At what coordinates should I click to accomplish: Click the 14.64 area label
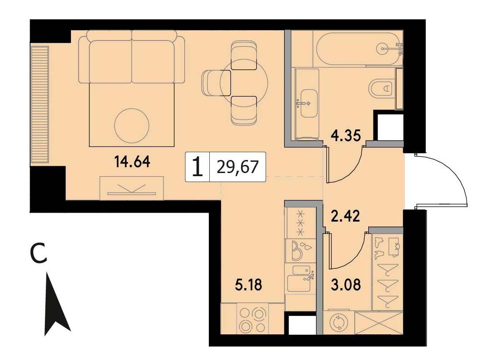(132, 162)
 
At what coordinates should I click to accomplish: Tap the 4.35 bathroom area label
(346, 136)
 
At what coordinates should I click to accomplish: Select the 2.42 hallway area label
(345, 216)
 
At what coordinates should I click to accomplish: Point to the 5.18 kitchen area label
(249, 285)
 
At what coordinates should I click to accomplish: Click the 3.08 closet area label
(346, 284)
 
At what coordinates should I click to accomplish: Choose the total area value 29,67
(238, 167)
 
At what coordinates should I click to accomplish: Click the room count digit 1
(198, 167)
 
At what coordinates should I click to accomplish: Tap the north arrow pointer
(56, 303)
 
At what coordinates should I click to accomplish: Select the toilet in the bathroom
(381, 89)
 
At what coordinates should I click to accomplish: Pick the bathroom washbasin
(309, 103)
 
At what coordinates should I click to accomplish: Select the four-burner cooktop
(252, 318)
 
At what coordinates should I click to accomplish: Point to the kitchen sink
(300, 278)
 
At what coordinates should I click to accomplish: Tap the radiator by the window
(40, 105)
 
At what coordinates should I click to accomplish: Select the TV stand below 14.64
(132, 188)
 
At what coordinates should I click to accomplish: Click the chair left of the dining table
(216, 83)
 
